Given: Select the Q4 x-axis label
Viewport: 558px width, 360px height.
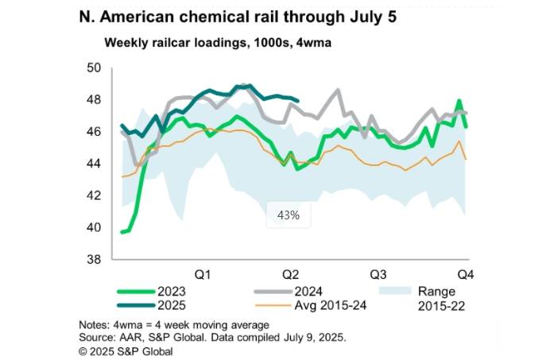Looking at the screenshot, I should (463, 274).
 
